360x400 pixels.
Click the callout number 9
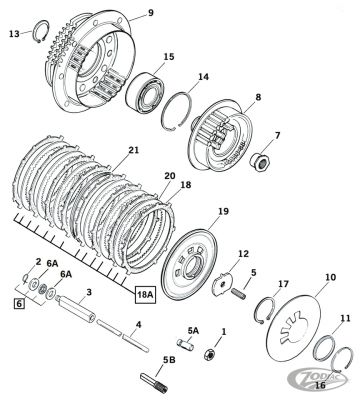[151, 13]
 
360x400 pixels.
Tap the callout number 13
[14, 33]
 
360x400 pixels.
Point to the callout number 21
[132, 151]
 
